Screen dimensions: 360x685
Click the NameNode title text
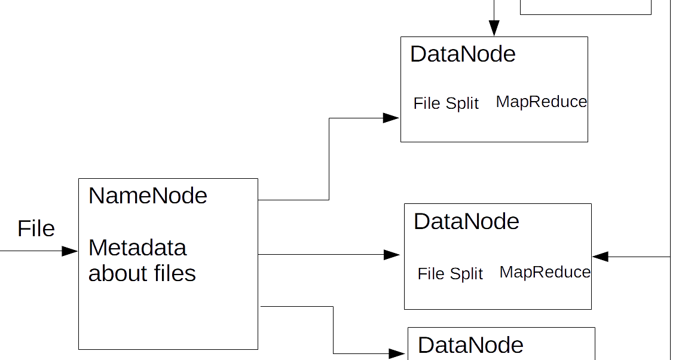[148, 196]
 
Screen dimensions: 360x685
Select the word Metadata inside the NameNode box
[137, 248]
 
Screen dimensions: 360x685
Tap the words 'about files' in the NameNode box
[142, 273]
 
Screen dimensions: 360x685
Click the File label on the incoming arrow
[36, 229]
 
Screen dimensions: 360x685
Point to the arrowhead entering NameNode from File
[71, 251]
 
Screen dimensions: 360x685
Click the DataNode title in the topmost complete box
[463, 54]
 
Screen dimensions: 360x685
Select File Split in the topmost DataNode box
[446, 103]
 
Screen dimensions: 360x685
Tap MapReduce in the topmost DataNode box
[542, 102]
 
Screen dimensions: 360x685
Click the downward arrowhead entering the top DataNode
[494, 28]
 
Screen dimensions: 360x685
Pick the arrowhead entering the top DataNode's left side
[392, 118]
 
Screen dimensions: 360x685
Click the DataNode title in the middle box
[466, 222]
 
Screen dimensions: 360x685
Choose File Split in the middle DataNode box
[450, 274]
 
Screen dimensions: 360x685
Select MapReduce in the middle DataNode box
[545, 272]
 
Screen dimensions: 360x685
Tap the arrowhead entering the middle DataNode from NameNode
[392, 255]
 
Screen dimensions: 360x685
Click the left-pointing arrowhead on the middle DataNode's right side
[600, 257]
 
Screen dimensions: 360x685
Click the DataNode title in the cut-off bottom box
[470, 346]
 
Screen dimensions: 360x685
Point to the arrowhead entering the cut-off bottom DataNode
[397, 353]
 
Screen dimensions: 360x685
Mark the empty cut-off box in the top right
[586, 7]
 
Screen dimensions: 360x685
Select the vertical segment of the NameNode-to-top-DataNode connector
[329, 158]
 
